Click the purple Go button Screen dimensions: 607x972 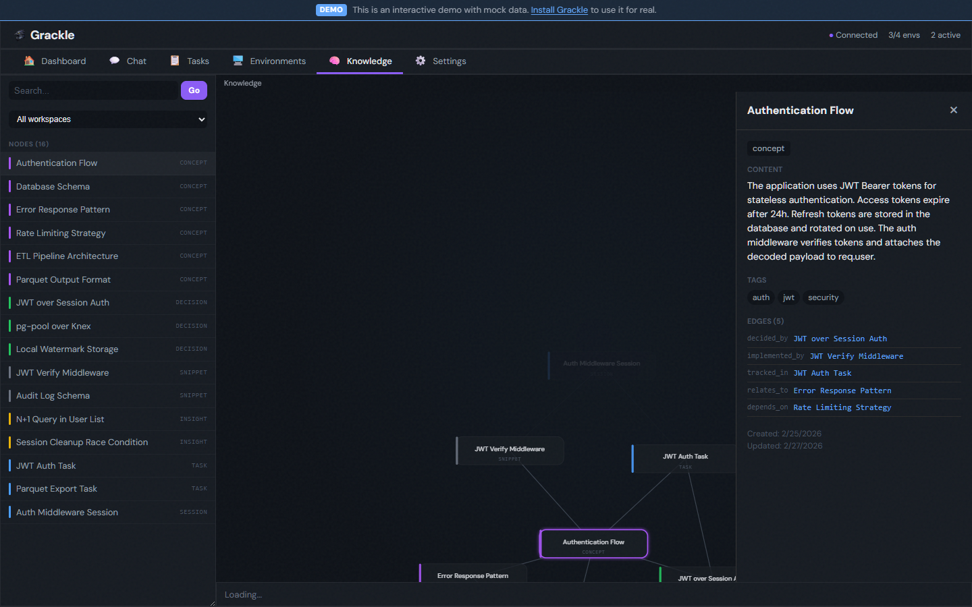point(194,90)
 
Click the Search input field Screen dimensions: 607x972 point(93,90)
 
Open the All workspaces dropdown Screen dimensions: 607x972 point(108,119)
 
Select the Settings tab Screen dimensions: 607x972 point(441,61)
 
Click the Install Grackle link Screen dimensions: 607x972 point(559,10)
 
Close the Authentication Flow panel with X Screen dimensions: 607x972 point(953,110)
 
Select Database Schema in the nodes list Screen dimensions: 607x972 point(53,187)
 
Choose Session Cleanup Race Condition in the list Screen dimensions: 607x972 point(82,442)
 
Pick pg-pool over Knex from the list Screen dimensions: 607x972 point(53,326)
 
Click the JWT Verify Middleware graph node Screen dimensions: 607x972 point(510,451)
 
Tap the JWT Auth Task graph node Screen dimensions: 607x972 point(684,459)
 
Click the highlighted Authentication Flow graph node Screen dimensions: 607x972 point(593,544)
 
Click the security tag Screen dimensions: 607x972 point(823,297)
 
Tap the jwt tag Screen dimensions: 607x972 point(788,297)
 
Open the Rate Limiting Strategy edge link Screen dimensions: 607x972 point(842,407)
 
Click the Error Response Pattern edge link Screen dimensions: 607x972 point(842,391)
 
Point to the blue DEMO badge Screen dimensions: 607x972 point(331,10)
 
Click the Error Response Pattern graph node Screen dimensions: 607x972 point(473,575)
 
